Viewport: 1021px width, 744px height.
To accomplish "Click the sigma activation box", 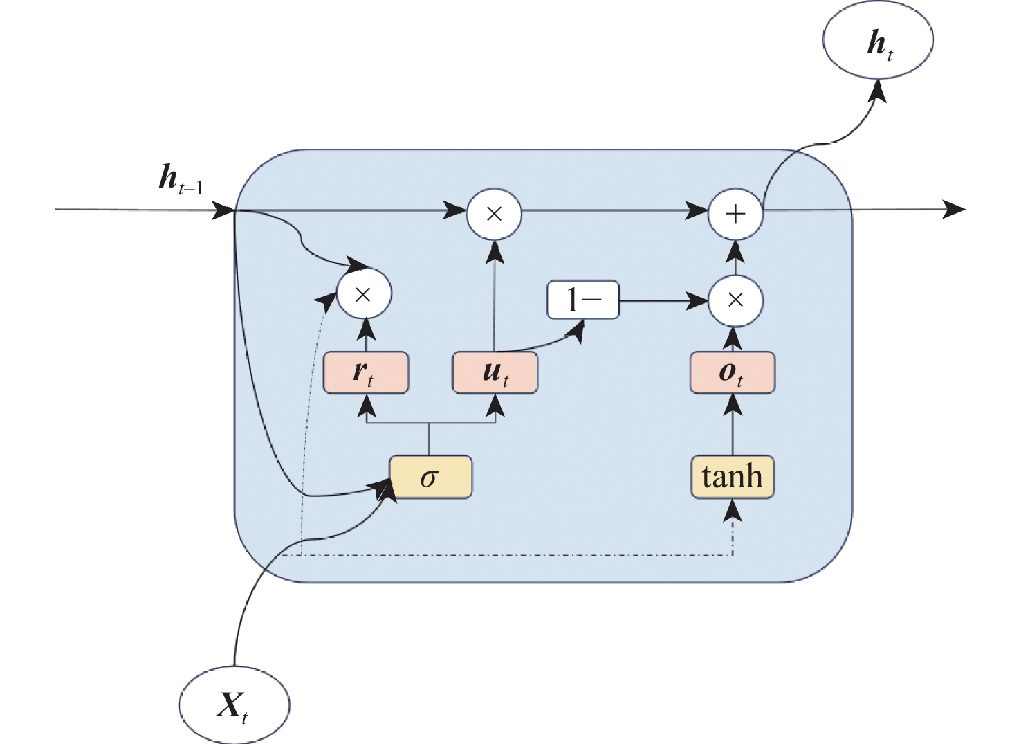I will tap(430, 477).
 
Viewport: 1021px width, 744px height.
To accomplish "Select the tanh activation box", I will tap(733, 477).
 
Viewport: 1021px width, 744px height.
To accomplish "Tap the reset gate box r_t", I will tap(366, 373).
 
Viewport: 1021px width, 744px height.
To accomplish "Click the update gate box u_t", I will tap(495, 373).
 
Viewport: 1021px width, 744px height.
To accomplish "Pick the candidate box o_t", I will tap(733, 373).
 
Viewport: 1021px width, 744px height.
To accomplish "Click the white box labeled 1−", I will tap(583, 300).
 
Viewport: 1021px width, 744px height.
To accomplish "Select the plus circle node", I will tap(735, 213).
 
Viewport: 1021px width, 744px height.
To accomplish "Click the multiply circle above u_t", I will tap(494, 213).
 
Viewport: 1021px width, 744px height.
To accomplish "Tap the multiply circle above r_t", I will tap(364, 294).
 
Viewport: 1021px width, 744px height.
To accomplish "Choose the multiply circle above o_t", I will tap(735, 300).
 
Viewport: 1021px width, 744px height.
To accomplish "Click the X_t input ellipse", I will tap(234, 705).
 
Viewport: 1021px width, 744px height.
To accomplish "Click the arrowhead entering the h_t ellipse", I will tap(878, 90).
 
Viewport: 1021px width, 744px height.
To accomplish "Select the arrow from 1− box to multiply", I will tap(664, 301).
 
